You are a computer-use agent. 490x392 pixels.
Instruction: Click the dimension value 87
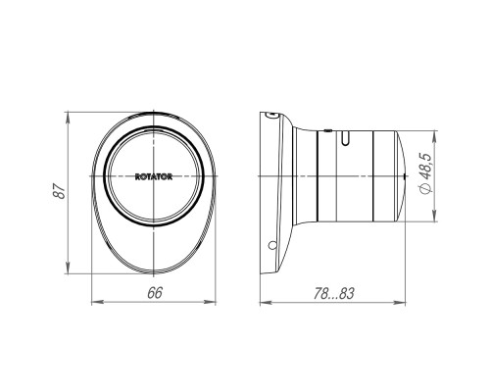[60, 191]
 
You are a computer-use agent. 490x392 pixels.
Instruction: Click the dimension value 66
[155, 293]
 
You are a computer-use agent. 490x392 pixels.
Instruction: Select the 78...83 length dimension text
[333, 294]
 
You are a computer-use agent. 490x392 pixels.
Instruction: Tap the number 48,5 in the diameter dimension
[426, 166]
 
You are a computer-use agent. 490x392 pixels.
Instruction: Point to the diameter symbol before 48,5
[426, 188]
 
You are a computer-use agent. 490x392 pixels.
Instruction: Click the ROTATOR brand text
[154, 176]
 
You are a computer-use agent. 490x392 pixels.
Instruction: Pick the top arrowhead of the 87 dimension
[68, 118]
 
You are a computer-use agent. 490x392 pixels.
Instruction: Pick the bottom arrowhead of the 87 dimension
[68, 268]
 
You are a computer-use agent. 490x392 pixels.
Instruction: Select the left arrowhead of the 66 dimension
[97, 302]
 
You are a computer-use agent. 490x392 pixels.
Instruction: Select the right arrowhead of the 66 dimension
[210, 302]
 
